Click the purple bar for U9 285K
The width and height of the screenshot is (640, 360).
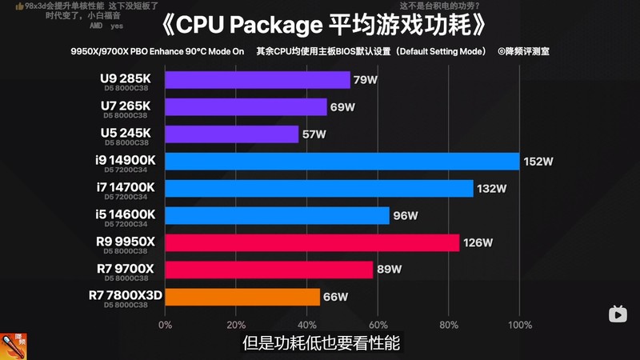pyautogui.click(x=258, y=80)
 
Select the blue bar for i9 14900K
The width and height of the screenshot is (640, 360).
pyautogui.click(x=342, y=162)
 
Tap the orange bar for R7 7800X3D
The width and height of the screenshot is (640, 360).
pyautogui.click(x=242, y=297)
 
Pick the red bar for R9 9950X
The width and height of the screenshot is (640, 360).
pyautogui.click(x=312, y=242)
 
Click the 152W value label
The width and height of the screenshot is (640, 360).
pyautogui.click(x=538, y=162)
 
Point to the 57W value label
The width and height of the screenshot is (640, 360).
pyautogui.click(x=314, y=134)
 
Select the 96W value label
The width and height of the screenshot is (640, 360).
pyautogui.click(x=406, y=216)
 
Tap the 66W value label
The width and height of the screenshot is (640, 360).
pyautogui.click(x=335, y=297)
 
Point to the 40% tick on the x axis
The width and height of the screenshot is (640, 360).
pyautogui.click(x=306, y=325)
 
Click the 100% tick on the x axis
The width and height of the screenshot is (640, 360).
pyautogui.click(x=519, y=325)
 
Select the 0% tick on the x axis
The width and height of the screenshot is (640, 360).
pyautogui.click(x=165, y=325)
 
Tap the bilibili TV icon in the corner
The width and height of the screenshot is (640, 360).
pyautogui.click(x=618, y=314)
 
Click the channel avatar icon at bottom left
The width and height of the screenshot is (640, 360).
pyautogui.click(x=14, y=344)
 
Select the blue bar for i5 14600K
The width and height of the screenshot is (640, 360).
pyautogui.click(x=277, y=216)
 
